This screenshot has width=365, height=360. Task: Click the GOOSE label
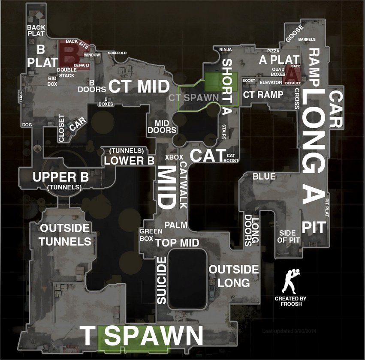click(294, 33)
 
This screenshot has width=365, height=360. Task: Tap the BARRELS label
click(307, 39)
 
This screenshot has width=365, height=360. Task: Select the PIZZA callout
click(273, 51)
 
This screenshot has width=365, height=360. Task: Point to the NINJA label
click(225, 49)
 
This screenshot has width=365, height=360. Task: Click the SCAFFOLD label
click(117, 53)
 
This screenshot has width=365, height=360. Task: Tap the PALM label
click(176, 225)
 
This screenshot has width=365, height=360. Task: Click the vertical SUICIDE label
click(161, 281)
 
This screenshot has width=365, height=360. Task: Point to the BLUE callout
click(264, 176)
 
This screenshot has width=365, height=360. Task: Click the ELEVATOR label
click(271, 82)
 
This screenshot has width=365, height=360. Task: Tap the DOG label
click(27, 125)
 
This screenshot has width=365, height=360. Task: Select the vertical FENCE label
click(21, 96)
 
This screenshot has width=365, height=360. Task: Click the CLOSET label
click(61, 128)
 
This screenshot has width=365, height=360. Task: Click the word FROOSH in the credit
click(290, 304)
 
